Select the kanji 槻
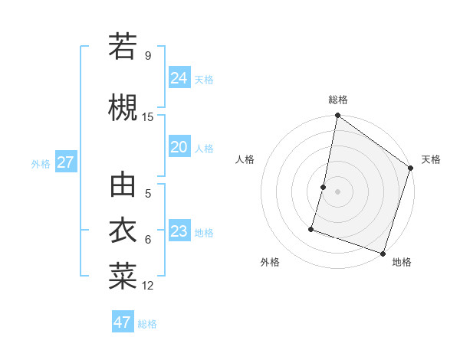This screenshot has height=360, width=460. (x=123, y=106)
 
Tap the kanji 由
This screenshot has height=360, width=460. (x=123, y=186)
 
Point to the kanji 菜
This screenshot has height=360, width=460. (x=123, y=275)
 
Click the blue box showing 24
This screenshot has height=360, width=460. (x=179, y=77)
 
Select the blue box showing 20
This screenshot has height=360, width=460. (x=179, y=147)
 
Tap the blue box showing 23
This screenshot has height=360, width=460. (x=179, y=231)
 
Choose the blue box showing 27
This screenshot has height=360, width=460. (x=65, y=162)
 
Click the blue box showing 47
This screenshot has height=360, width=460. (x=123, y=322)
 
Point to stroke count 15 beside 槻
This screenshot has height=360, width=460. (x=148, y=117)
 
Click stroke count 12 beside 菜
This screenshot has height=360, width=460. (x=148, y=286)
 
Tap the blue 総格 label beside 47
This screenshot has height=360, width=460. (x=147, y=324)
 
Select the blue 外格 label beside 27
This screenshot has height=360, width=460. (x=41, y=163)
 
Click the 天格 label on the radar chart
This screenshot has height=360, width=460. (x=431, y=159)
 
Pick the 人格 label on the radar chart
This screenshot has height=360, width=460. (x=245, y=159)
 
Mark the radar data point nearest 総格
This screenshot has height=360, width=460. (x=337, y=116)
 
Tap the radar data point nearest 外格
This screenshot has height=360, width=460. (x=311, y=228)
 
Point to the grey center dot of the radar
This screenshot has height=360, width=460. (x=337, y=191)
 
